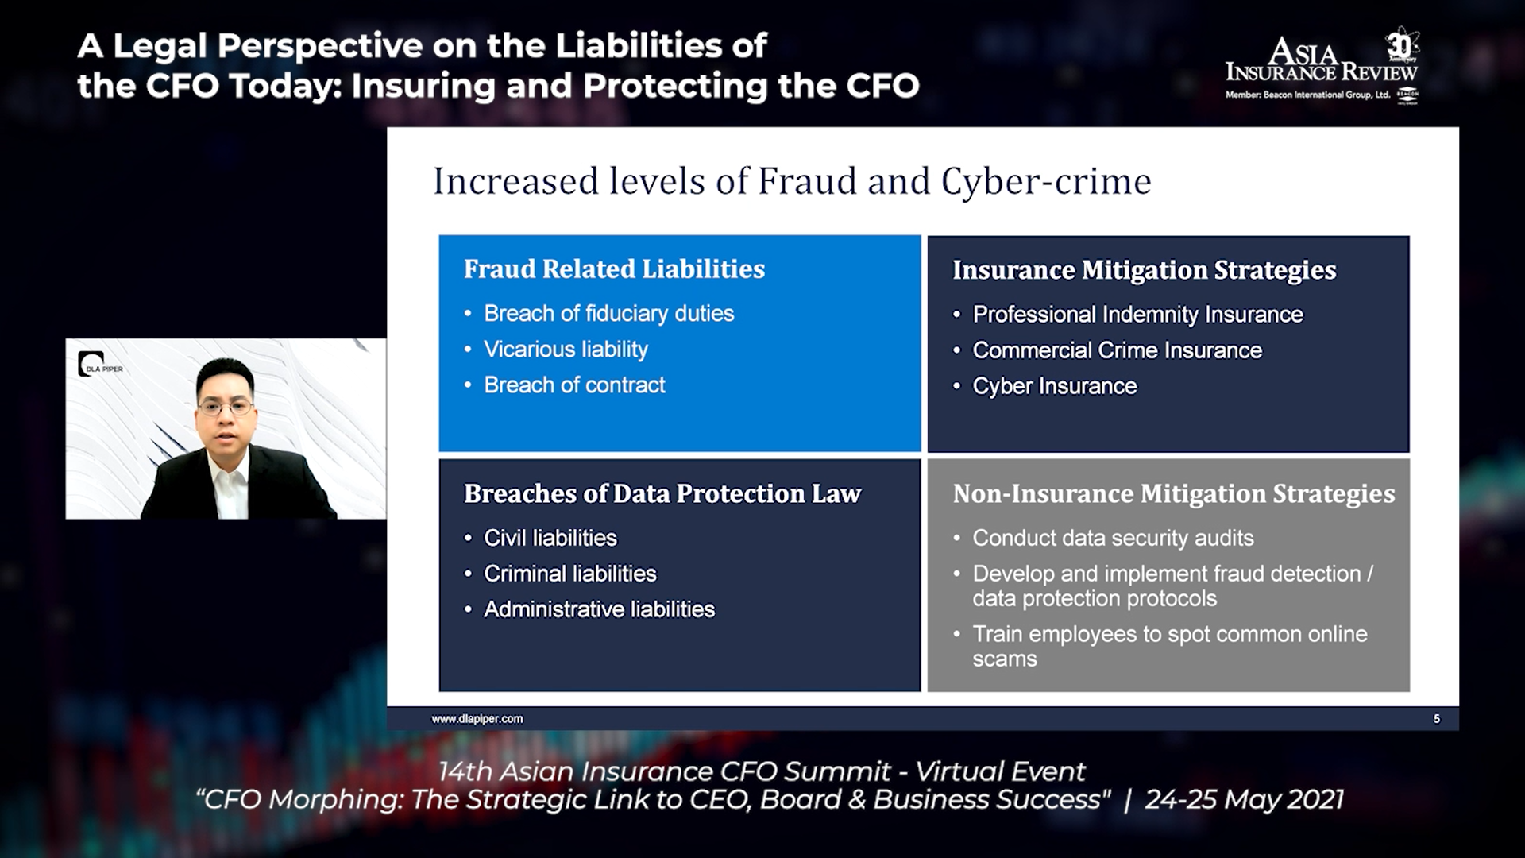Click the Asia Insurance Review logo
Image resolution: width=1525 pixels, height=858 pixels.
1322,67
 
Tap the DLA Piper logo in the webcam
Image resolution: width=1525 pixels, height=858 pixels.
100,365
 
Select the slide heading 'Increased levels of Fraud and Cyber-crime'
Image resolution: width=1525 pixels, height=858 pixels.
792,181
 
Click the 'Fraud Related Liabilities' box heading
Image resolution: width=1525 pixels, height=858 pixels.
614,269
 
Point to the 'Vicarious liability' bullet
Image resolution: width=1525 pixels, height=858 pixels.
566,349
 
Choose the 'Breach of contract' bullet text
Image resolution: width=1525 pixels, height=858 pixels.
574,385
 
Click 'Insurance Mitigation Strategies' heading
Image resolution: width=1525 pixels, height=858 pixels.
1144,270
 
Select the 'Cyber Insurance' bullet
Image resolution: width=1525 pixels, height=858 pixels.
1055,386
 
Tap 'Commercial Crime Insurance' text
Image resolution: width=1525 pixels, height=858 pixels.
1117,350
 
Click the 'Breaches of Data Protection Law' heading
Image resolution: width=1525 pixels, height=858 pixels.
662,493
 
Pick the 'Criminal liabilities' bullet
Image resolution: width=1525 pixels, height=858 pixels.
570,574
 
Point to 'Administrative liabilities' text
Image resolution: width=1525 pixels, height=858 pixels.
599,609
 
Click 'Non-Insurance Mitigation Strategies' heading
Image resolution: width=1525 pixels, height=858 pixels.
1173,493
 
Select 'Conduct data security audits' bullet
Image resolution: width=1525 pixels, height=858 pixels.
1113,538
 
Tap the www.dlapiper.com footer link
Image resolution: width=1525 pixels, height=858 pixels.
477,718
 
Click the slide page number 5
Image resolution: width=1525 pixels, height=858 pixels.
1436,718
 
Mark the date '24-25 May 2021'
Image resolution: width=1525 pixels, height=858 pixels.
1244,798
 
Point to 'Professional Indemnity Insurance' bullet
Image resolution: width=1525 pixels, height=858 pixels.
1137,315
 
